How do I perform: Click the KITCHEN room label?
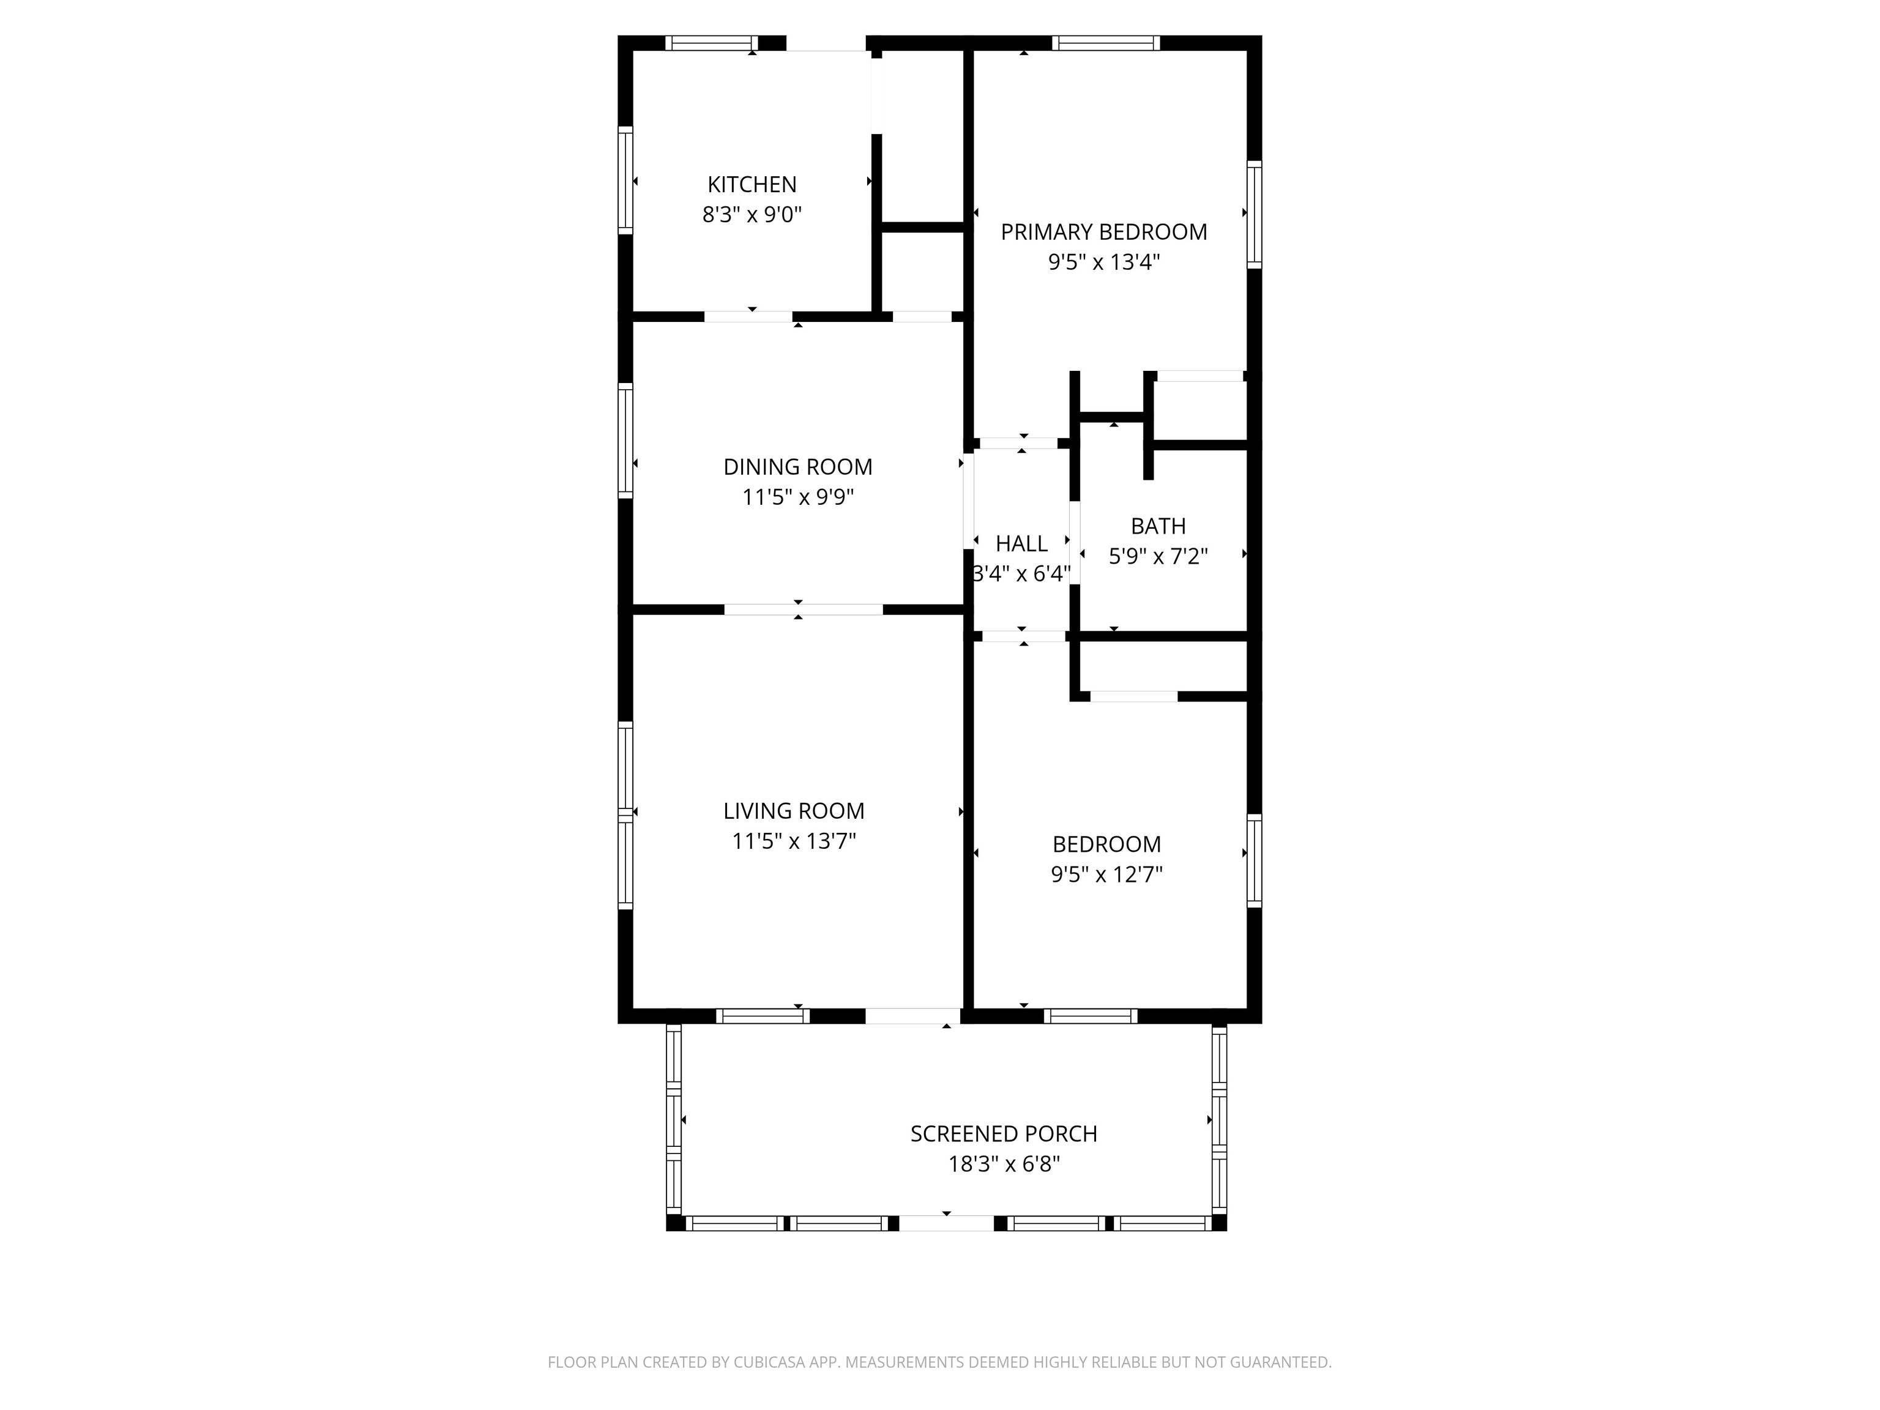click(x=752, y=184)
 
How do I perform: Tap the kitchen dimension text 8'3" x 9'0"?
click(x=752, y=214)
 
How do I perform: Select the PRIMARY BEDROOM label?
click(x=1103, y=232)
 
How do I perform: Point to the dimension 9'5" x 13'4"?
click(x=1103, y=262)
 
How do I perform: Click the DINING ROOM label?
click(x=797, y=466)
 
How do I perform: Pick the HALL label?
click(x=1021, y=543)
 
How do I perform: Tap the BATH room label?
click(x=1158, y=526)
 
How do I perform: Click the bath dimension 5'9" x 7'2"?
click(x=1158, y=556)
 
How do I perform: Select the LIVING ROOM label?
click(x=793, y=811)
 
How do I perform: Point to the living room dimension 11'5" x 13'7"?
click(x=793, y=841)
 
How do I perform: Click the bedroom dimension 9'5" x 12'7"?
click(x=1106, y=874)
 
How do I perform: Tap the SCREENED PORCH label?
click(x=1003, y=1134)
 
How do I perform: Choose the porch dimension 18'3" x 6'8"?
click(x=1003, y=1163)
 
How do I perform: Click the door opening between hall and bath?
click(x=1074, y=543)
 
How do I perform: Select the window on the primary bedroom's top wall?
click(x=1105, y=42)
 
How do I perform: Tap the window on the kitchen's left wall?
click(x=625, y=179)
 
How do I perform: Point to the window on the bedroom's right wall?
click(x=1253, y=860)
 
